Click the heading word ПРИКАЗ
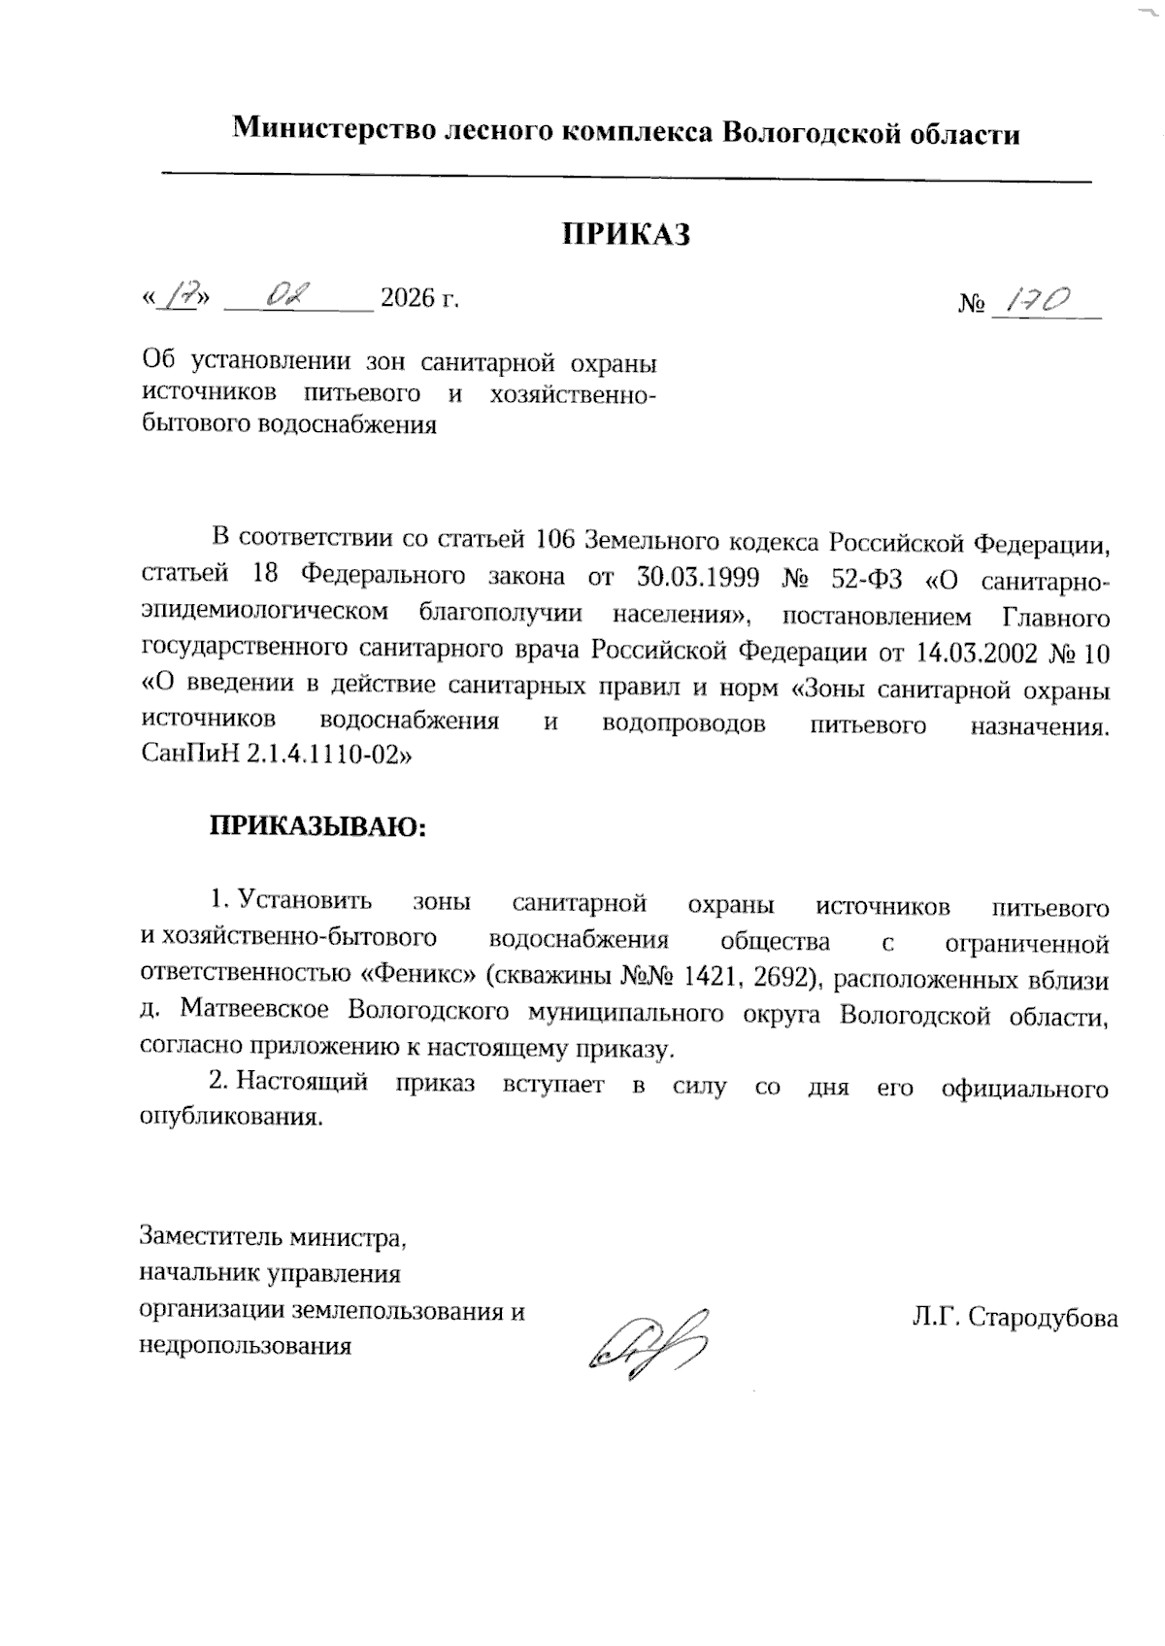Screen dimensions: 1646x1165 pyautogui.click(x=627, y=234)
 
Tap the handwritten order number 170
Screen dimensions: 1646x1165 pyautogui.click(x=1038, y=304)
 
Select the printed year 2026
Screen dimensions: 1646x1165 pyautogui.click(x=408, y=297)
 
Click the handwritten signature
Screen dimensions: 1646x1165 pyautogui.click(x=647, y=1343)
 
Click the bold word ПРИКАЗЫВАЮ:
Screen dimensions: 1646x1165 pyautogui.click(x=318, y=826)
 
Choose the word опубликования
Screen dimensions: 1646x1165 pyautogui.click(x=231, y=1117)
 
